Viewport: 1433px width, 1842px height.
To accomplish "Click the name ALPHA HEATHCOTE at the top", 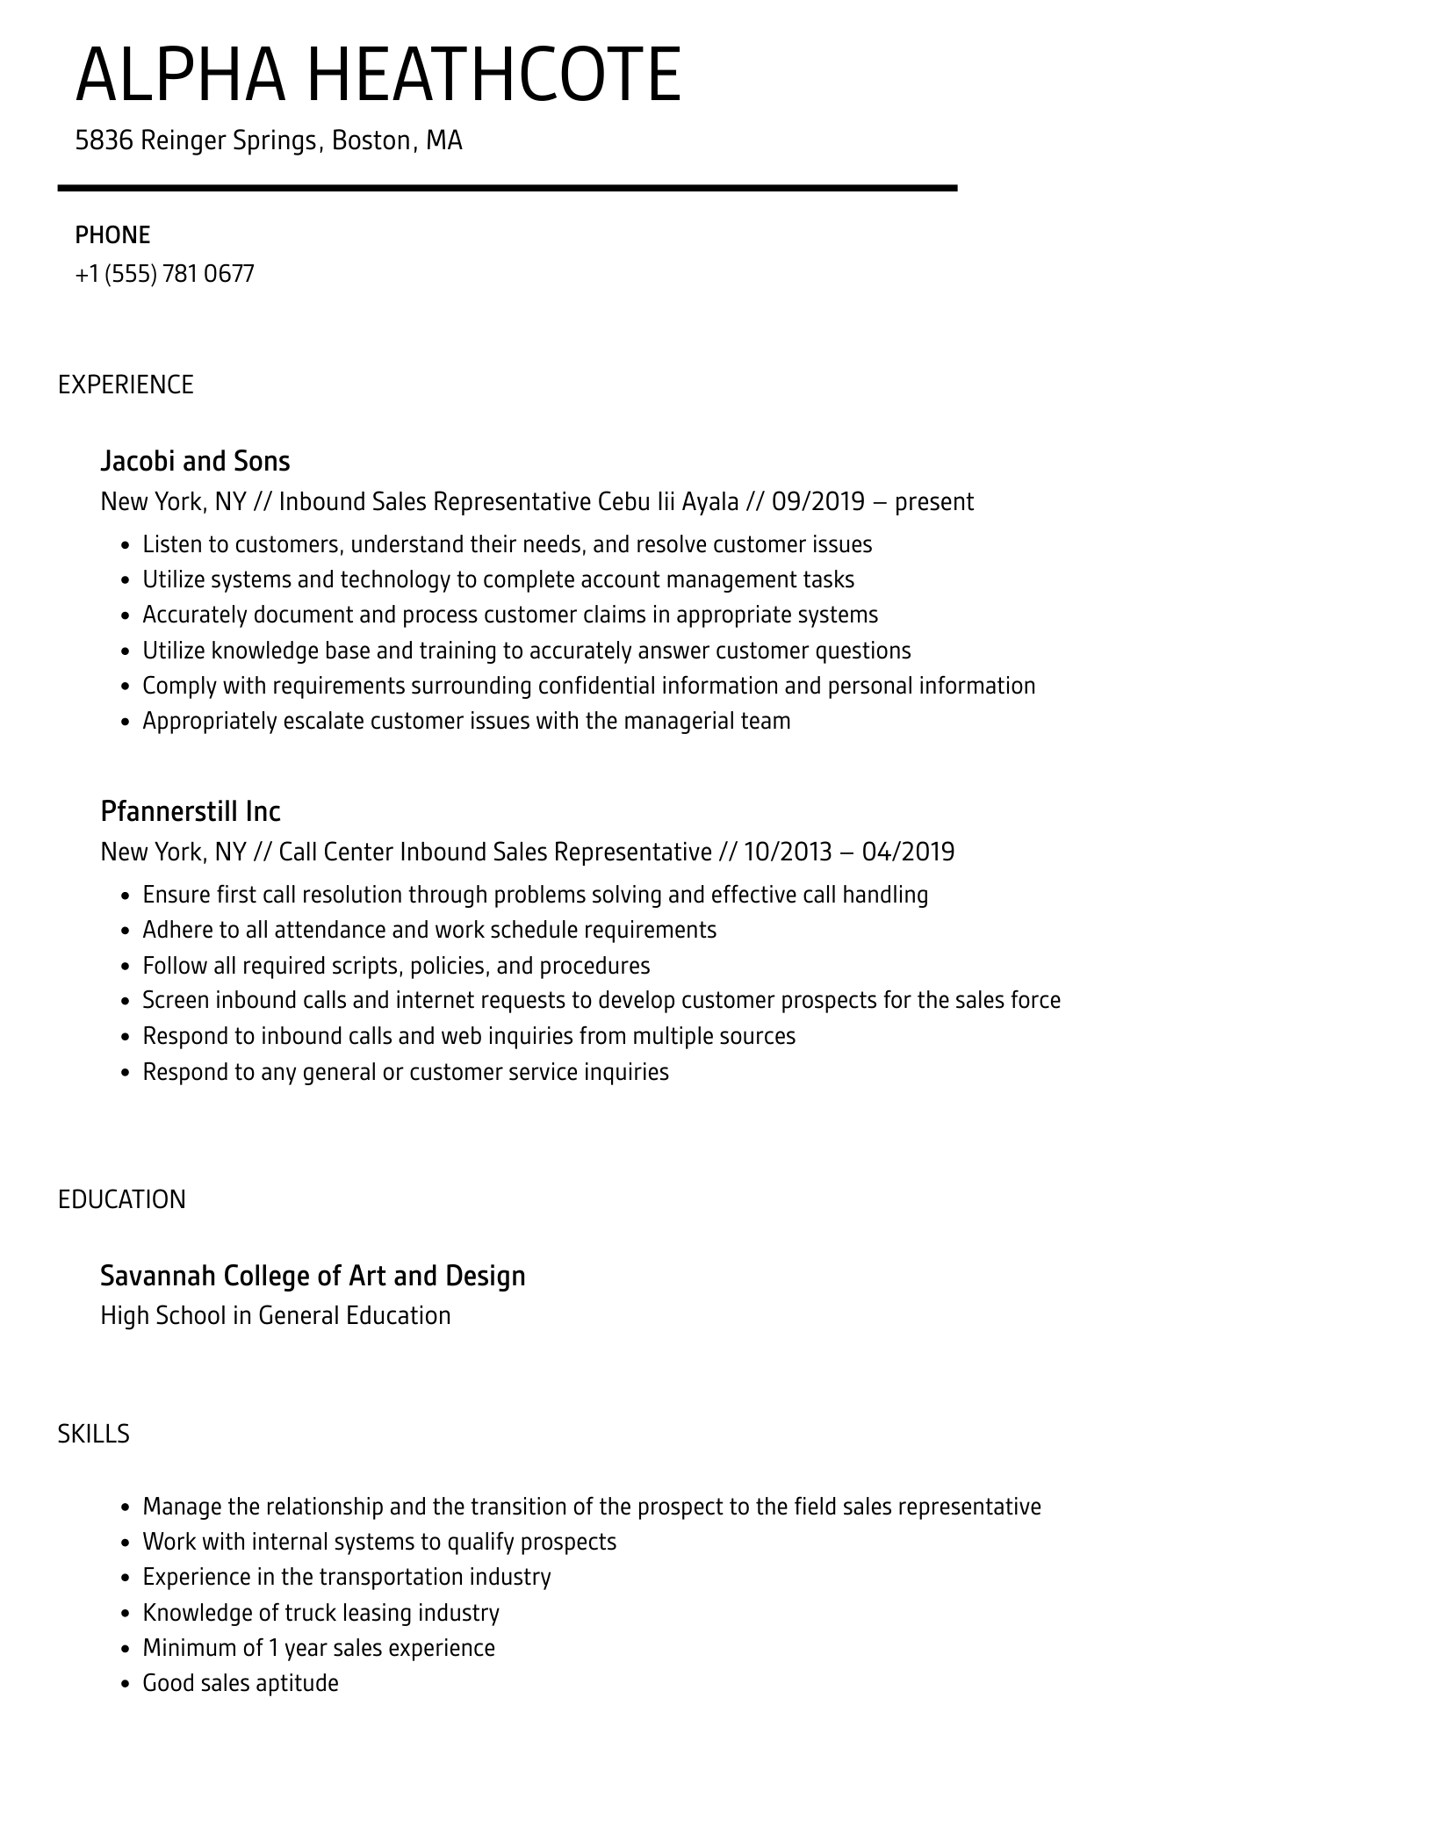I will (378, 76).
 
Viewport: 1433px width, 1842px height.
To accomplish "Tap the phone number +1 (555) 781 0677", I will (165, 274).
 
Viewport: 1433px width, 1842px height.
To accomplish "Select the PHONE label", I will (112, 235).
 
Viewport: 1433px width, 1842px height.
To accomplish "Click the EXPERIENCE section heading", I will (126, 385).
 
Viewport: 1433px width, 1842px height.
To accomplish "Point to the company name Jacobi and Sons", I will (195, 461).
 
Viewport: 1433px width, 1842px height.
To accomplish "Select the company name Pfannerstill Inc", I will (191, 811).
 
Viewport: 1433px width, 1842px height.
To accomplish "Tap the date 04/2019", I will (908, 852).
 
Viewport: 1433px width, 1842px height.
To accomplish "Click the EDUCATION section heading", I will (122, 1199).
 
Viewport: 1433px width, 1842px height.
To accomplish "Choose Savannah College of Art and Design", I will (313, 1276).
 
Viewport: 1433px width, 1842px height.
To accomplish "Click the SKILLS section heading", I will (94, 1434).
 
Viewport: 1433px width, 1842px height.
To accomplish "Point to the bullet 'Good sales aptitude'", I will (241, 1683).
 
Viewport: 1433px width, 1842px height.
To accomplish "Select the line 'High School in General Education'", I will (276, 1315).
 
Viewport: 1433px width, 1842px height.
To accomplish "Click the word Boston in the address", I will (371, 140).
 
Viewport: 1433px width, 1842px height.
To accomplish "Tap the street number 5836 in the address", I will (104, 140).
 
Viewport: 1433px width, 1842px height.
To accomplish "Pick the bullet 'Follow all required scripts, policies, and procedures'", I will (396, 966).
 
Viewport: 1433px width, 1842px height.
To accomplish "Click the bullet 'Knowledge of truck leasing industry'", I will (320, 1613).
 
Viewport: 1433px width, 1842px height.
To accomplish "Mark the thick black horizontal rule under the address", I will (508, 188).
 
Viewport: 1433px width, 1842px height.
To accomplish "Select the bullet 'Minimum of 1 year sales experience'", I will (319, 1648).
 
